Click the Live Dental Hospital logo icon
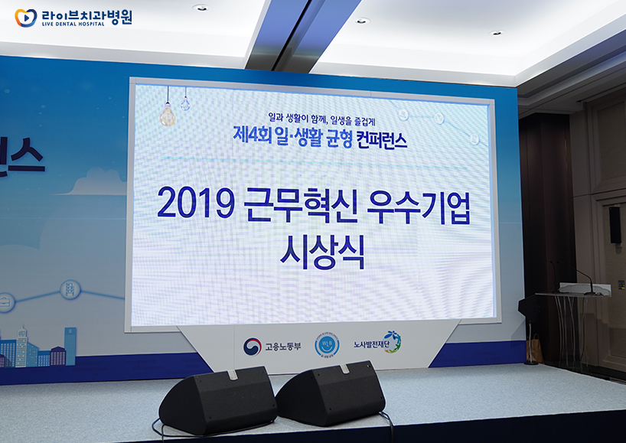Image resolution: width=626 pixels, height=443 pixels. coord(25,18)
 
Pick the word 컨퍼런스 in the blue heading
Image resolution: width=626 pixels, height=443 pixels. coord(377,140)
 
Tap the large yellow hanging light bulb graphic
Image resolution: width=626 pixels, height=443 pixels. coord(167,114)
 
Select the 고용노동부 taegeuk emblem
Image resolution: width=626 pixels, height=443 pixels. coord(252,347)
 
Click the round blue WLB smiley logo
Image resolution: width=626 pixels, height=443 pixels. coord(327,344)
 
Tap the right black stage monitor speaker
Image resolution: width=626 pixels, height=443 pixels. coord(331,393)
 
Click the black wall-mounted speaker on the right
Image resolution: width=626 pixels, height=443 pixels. coord(614,225)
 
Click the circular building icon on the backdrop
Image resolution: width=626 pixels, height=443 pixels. coord(70,288)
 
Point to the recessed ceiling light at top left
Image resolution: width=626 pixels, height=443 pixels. coord(200,8)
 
